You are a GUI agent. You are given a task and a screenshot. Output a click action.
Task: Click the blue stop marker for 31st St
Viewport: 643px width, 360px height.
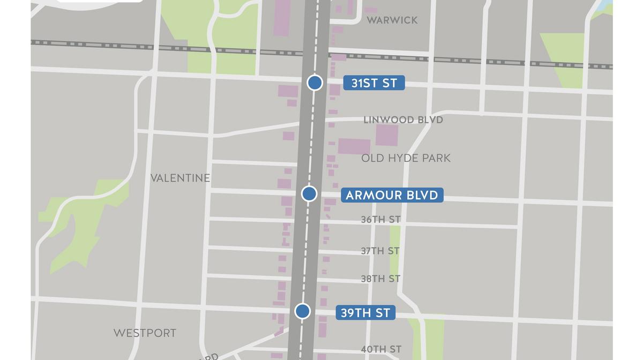click(315, 82)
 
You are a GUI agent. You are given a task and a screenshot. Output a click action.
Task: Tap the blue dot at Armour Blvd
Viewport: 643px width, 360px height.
click(309, 194)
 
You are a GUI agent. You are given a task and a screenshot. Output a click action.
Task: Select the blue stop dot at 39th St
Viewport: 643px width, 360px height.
click(302, 311)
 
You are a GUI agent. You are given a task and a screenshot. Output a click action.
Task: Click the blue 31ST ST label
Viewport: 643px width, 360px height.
click(373, 83)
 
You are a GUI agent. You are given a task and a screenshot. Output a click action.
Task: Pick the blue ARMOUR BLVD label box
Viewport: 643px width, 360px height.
click(392, 195)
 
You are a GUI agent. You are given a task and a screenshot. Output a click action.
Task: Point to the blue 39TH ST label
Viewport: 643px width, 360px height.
click(365, 313)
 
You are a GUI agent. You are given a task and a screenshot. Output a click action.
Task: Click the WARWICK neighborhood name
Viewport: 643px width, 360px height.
click(392, 20)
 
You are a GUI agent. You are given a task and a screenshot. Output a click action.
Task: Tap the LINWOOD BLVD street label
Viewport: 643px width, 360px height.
click(403, 119)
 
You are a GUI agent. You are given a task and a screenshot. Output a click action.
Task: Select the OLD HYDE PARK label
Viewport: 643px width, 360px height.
click(406, 158)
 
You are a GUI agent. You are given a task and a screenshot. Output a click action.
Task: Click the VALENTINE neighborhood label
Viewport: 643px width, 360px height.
click(180, 178)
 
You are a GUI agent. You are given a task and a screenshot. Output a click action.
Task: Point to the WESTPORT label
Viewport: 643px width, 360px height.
click(145, 333)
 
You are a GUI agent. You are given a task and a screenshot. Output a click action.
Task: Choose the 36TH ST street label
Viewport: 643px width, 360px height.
click(380, 220)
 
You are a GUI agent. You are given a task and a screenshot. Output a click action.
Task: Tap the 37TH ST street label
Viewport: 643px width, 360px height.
click(380, 251)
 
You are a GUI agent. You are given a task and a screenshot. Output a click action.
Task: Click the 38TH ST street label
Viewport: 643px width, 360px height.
click(380, 279)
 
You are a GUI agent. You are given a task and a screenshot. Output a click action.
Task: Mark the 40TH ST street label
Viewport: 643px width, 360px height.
click(381, 349)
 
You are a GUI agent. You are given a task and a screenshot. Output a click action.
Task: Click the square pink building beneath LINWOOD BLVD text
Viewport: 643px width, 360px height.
click(386, 136)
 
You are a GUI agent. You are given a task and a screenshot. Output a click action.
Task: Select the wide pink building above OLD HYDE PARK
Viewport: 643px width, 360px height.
click(354, 146)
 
